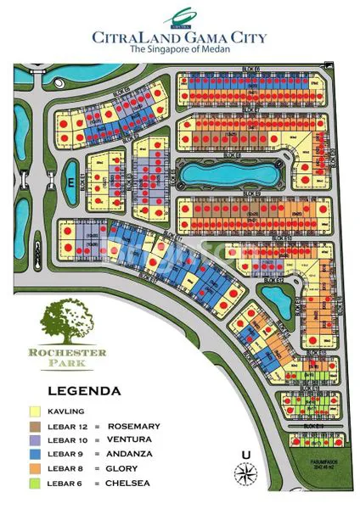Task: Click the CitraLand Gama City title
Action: (x=179, y=36)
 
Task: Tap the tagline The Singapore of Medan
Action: (x=179, y=51)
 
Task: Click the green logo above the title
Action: (x=179, y=14)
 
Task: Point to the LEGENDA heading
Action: (x=83, y=392)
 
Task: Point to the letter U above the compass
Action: (x=246, y=454)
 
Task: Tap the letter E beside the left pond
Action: (x=61, y=182)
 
